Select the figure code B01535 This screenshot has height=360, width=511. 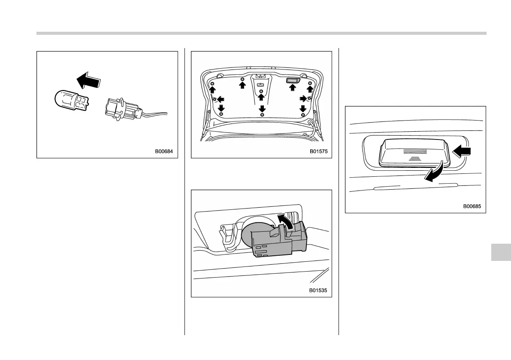tap(318, 290)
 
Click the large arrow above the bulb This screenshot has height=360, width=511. tap(88, 80)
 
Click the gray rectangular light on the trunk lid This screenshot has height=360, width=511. tap(293, 80)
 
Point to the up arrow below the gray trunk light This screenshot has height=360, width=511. tap(293, 88)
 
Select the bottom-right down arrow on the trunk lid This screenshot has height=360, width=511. tap(303, 108)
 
